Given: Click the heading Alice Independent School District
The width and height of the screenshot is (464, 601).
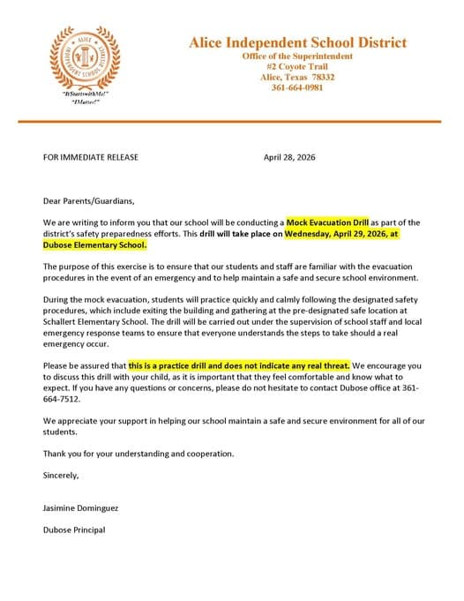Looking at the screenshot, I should pos(297,42).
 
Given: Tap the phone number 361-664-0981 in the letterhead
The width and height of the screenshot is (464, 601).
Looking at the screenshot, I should pos(297,88).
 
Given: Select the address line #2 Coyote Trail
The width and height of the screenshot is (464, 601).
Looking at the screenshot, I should pos(297,66).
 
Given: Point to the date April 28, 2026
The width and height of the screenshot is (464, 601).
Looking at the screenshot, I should pos(289,157).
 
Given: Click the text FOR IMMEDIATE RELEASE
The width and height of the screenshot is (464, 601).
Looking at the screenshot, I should pos(90,157).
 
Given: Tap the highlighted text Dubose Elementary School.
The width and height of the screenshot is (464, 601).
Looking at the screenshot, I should pos(94,244).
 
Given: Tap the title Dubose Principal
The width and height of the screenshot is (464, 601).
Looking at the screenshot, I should pos(74,530).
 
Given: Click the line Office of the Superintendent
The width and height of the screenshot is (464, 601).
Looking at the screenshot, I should pos(297,56).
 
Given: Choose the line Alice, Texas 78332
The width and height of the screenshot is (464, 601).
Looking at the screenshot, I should pos(297,77).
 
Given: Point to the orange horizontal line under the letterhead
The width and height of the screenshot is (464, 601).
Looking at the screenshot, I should pos(231,121).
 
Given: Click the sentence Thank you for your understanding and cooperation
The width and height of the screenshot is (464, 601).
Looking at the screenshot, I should pos(138,454).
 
